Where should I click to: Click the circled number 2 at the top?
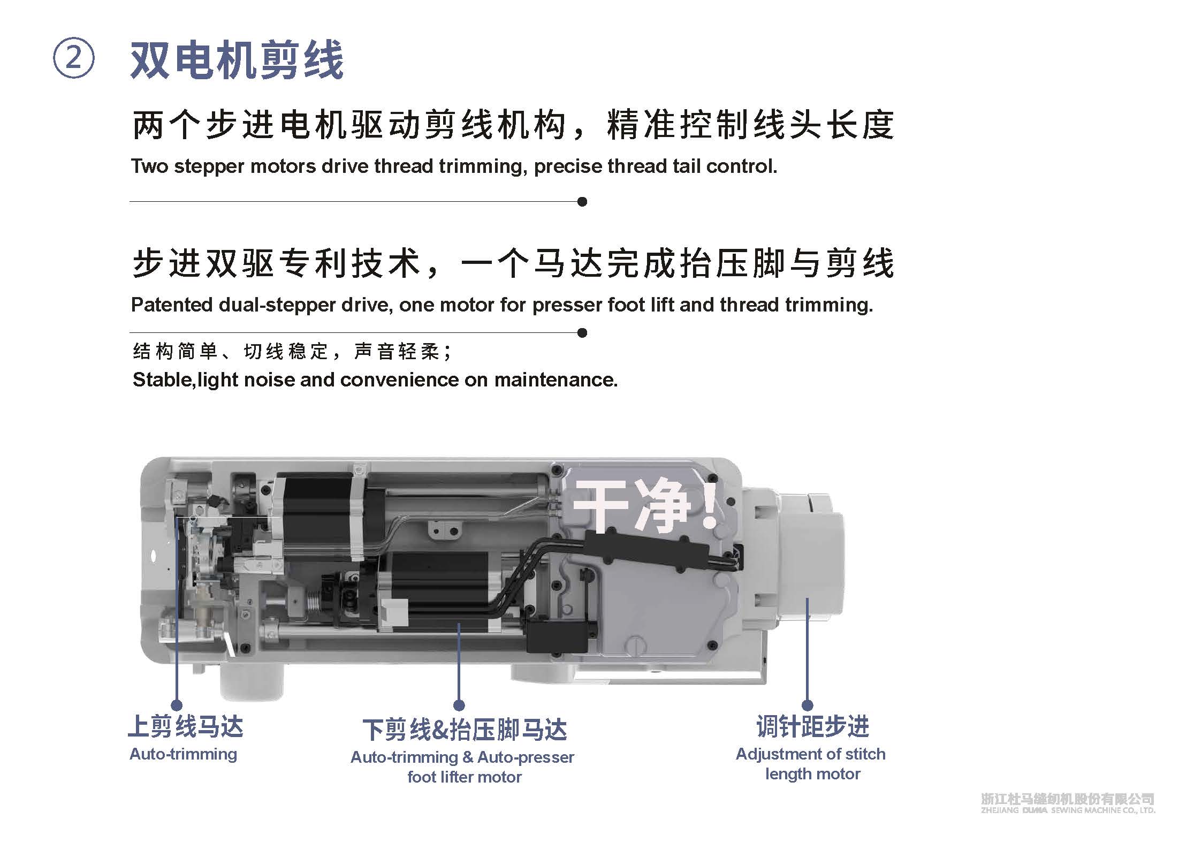click(x=73, y=58)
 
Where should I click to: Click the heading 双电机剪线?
click(x=237, y=60)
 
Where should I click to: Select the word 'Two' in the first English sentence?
click(x=150, y=166)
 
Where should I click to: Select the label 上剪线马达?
click(x=186, y=726)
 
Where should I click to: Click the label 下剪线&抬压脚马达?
click(x=465, y=730)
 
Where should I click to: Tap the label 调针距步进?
click(x=812, y=726)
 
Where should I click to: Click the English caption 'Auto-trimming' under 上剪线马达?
click(x=183, y=754)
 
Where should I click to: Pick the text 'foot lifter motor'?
click(x=465, y=777)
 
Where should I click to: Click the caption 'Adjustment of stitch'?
click(x=810, y=754)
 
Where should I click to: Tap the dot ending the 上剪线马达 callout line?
click(x=177, y=705)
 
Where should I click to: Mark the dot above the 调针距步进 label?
click(x=808, y=705)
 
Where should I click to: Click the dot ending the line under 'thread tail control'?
click(x=582, y=202)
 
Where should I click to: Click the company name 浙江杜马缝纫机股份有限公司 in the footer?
click(x=1068, y=814)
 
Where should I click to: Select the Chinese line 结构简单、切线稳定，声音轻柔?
click(x=292, y=352)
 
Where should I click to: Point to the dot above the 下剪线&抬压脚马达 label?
click(x=459, y=705)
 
